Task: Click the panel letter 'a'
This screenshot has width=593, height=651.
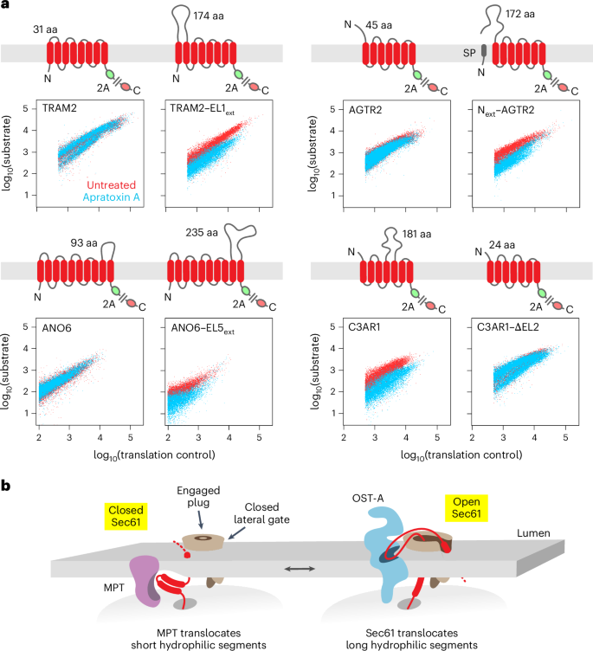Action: [5, 8]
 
